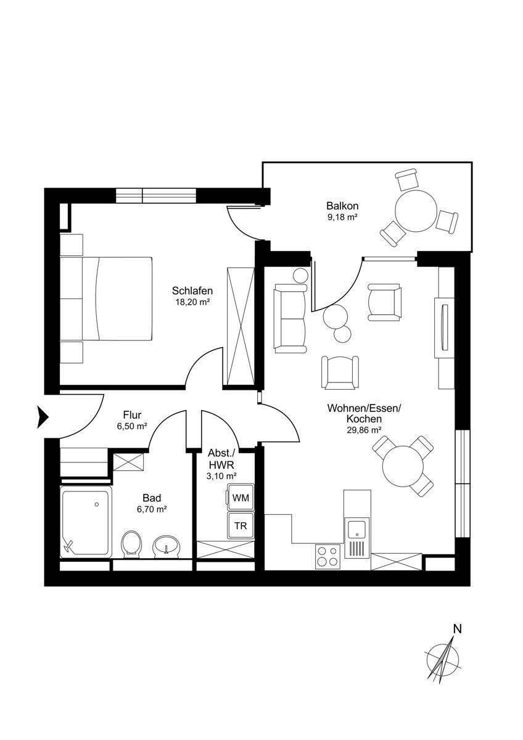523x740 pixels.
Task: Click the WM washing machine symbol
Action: click(241, 498)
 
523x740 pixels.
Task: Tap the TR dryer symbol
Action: click(241, 525)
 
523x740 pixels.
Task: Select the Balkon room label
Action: click(343, 206)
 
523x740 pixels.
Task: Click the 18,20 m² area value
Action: click(192, 302)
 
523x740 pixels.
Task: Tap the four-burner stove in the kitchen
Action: click(328, 556)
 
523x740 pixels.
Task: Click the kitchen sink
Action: click(357, 529)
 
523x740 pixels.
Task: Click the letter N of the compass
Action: click(457, 629)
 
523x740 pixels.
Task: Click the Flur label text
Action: click(132, 414)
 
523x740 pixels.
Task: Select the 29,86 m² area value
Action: click(364, 430)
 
